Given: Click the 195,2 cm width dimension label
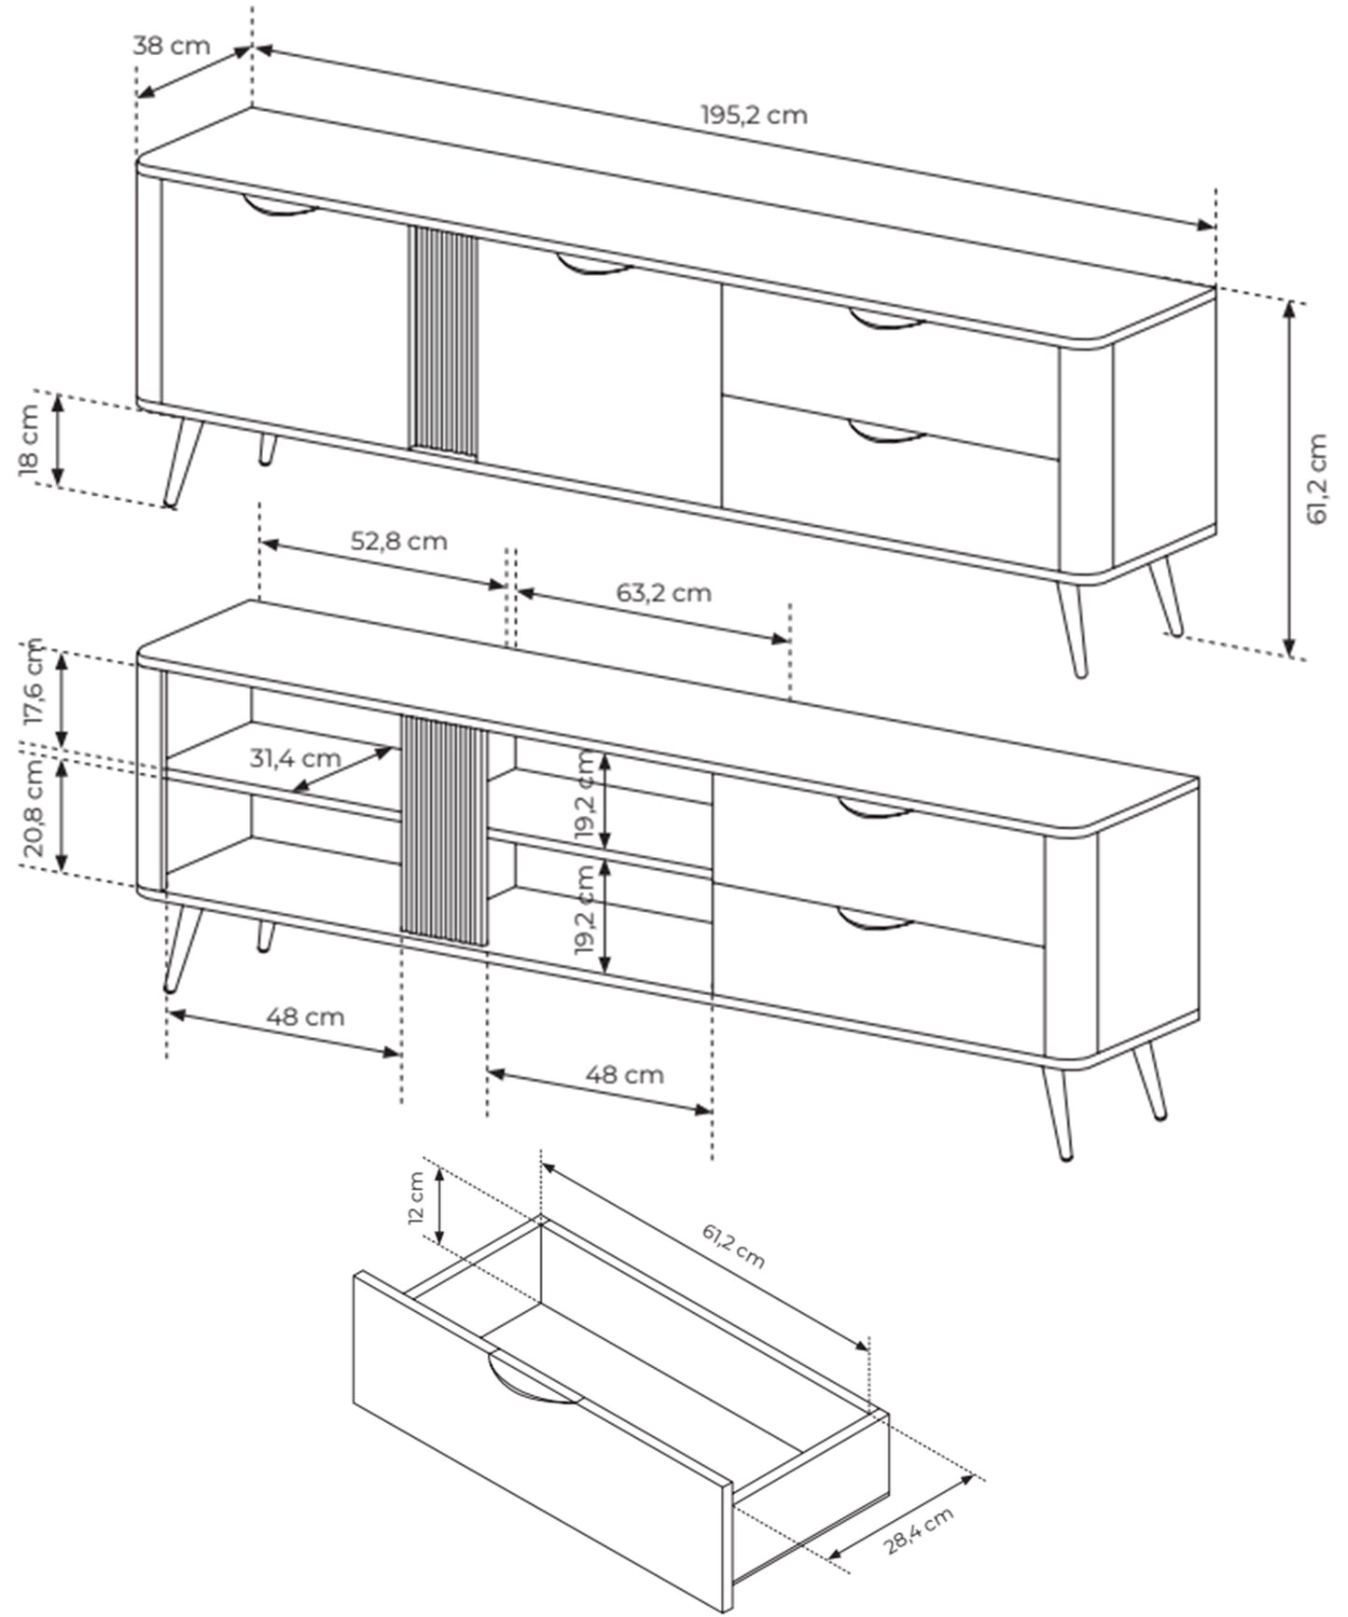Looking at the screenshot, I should [x=754, y=116].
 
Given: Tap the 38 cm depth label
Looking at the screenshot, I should [x=172, y=46].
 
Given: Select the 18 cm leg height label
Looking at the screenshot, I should [x=29, y=440].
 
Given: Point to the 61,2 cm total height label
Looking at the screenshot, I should [x=1317, y=479].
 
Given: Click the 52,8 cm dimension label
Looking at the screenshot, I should [x=398, y=541].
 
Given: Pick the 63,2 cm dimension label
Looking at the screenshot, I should [x=663, y=592].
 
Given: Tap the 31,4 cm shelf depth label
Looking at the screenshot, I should [x=295, y=757].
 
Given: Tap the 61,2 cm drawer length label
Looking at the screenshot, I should [x=733, y=1247].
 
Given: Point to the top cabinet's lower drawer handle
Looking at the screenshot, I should [x=886, y=434].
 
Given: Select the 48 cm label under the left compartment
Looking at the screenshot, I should [x=305, y=1016].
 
